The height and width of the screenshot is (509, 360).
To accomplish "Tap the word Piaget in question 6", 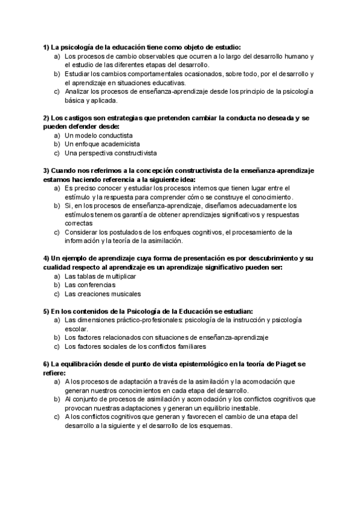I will point(281,364).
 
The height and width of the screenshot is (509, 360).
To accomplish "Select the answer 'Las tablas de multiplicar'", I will point(100,276).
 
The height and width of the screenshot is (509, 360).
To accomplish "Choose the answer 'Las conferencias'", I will point(90,285).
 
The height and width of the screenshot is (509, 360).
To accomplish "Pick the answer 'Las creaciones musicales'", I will point(103,294).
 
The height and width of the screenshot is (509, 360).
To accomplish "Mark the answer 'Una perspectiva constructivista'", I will point(110,153).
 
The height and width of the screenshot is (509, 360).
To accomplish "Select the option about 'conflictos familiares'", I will point(135,346).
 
